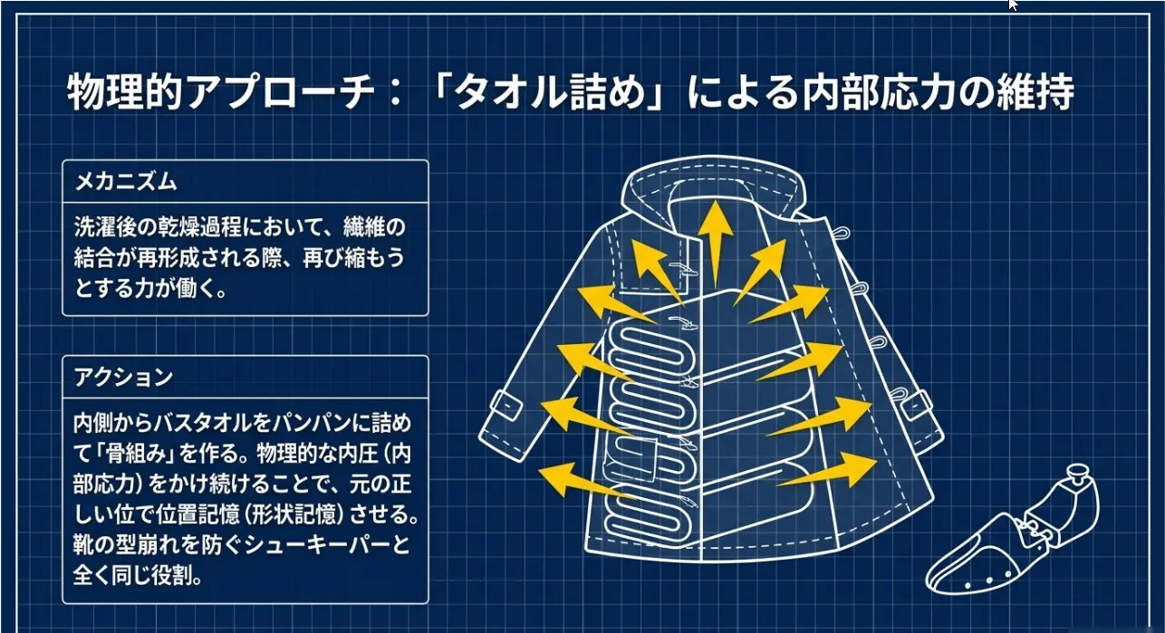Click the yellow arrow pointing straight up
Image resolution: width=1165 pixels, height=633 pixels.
tap(716, 240)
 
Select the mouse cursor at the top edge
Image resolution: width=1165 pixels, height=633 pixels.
tap(1014, 5)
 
